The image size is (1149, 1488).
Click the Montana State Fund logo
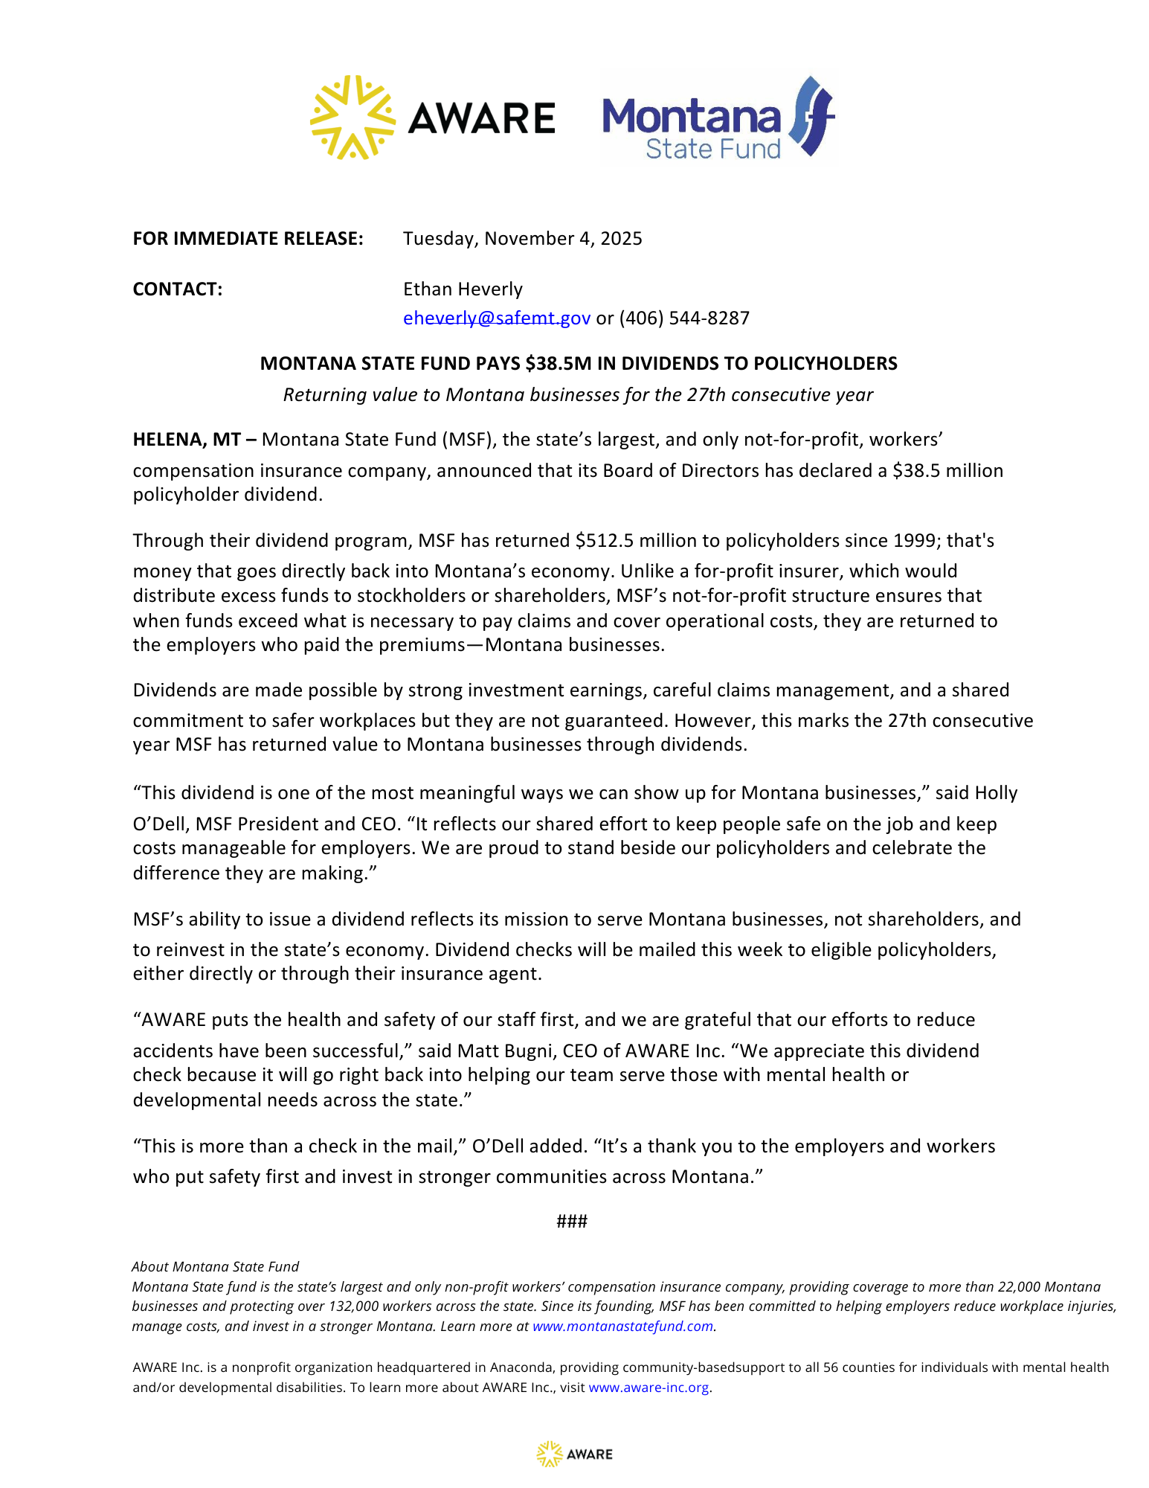tap(718, 118)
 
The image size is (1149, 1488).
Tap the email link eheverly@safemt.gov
tap(496, 318)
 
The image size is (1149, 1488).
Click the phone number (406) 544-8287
tap(684, 318)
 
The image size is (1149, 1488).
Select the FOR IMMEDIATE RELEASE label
tap(248, 239)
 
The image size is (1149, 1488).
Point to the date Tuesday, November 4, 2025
tap(522, 239)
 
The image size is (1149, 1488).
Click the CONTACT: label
tap(177, 289)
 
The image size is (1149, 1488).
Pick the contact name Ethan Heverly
tap(463, 289)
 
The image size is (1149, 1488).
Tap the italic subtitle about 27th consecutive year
tap(578, 395)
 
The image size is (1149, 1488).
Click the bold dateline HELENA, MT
tap(187, 440)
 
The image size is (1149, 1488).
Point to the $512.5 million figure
tap(642, 541)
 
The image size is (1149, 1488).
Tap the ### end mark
tap(572, 1222)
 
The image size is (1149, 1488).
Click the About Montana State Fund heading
tap(215, 1267)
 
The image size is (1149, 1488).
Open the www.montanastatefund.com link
tap(622, 1327)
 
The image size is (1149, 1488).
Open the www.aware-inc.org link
tap(648, 1388)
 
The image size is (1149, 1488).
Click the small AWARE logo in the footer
tap(574, 1455)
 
